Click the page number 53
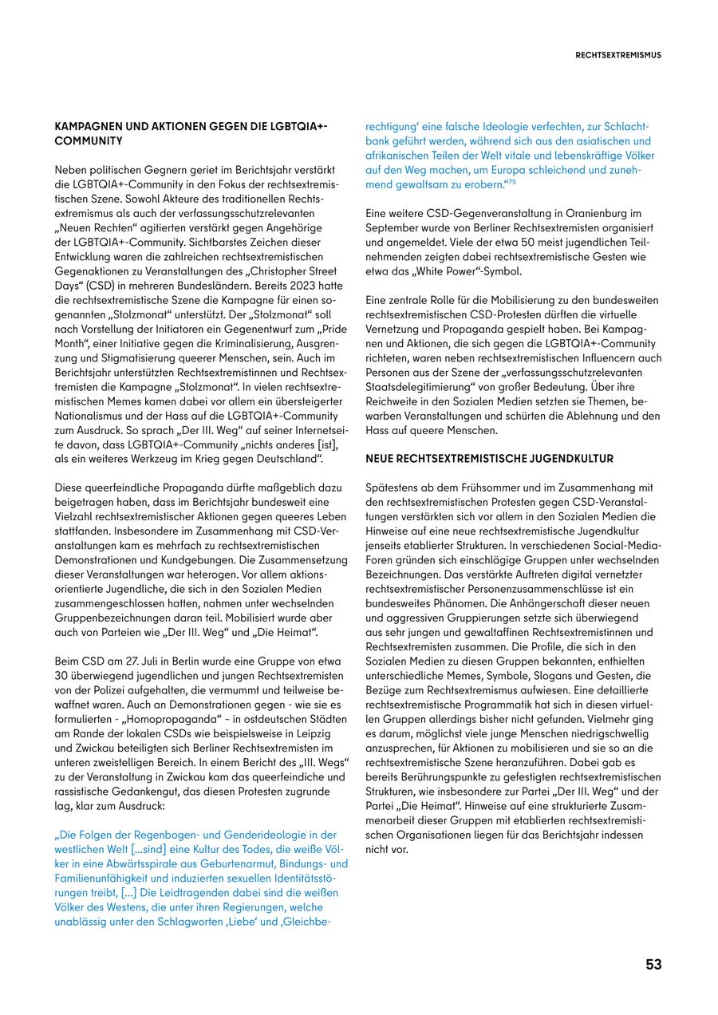click(653, 964)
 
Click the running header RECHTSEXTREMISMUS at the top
click(618, 55)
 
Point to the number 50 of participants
click(456, 243)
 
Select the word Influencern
click(593, 357)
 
